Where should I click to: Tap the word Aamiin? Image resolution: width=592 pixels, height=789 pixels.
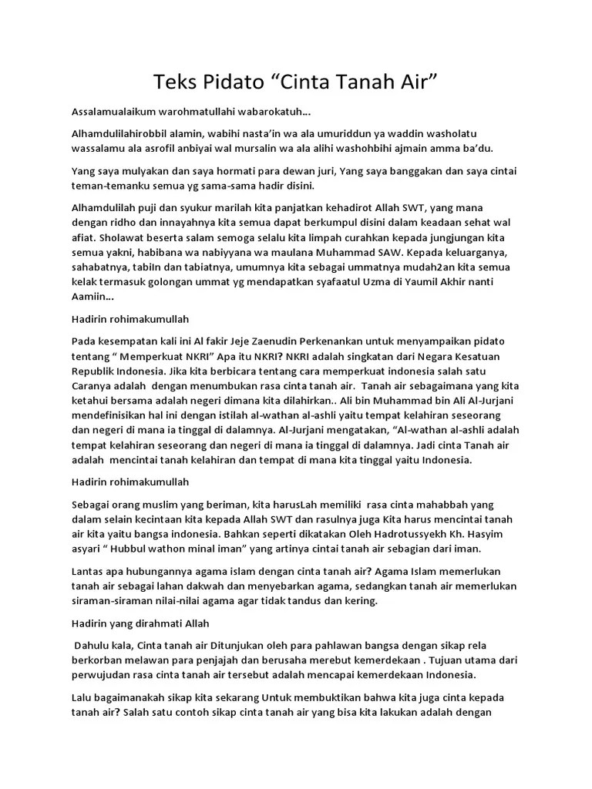coord(88,296)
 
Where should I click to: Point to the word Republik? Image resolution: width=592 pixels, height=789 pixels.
coord(92,368)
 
